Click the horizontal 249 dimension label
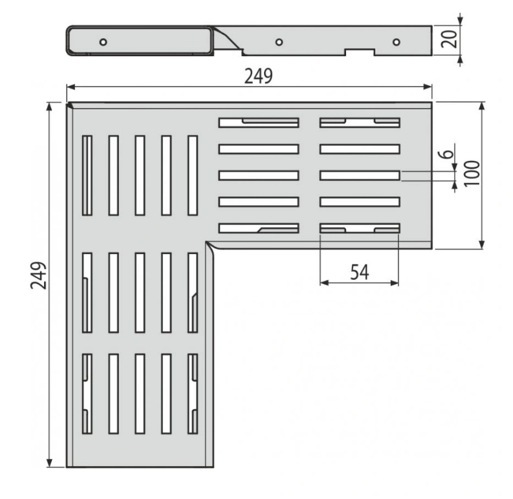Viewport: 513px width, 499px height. point(259,76)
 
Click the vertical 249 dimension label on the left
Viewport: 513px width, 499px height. point(39,275)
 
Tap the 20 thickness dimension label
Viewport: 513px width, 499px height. point(449,39)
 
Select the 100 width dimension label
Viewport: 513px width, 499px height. point(472,173)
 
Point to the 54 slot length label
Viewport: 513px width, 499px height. point(360,272)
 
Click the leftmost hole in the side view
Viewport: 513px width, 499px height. point(103,42)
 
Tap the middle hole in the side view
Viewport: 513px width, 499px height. point(279,42)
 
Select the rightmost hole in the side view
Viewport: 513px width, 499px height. point(396,42)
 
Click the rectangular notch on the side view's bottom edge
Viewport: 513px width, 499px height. point(360,52)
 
